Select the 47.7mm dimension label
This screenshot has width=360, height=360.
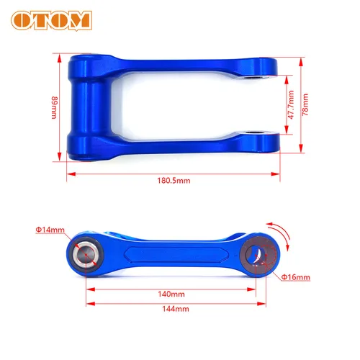point(290,104)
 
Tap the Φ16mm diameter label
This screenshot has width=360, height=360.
point(296,276)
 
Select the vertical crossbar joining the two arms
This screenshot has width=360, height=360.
point(81,104)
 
